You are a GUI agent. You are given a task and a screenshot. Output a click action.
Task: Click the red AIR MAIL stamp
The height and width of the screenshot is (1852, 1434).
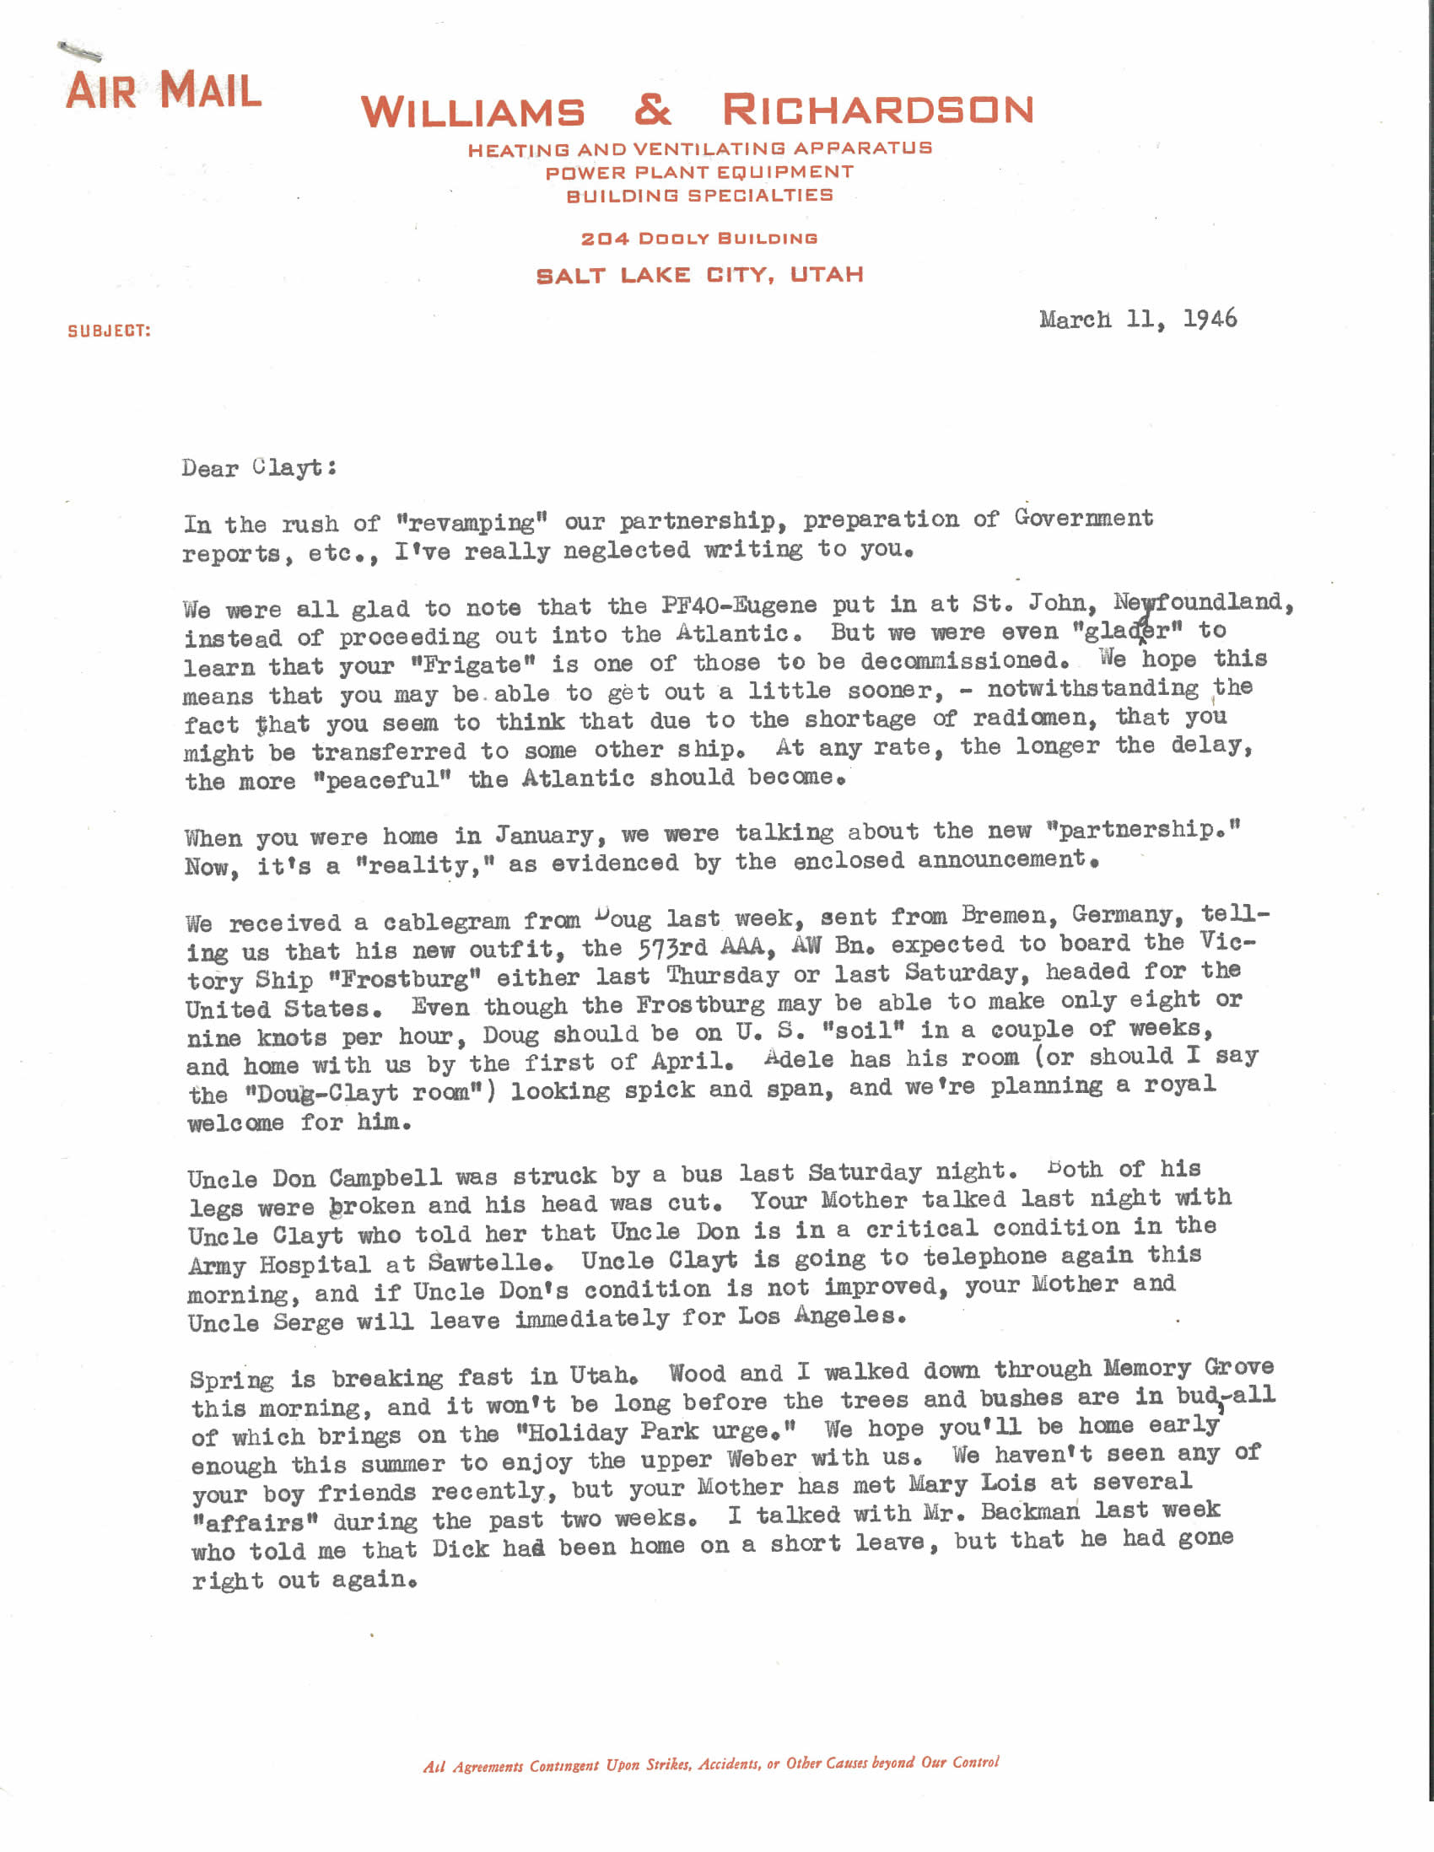pyautogui.click(x=163, y=92)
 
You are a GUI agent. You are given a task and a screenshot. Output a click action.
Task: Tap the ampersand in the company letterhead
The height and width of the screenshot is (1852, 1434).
pyautogui.click(x=653, y=110)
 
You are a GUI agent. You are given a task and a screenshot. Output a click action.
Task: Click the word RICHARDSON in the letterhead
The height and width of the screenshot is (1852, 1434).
pyautogui.click(x=878, y=110)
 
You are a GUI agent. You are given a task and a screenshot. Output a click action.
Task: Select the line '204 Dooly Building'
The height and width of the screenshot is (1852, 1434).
pyautogui.click(x=698, y=239)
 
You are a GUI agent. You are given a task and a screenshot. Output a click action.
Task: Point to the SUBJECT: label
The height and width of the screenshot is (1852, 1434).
pyautogui.click(x=109, y=331)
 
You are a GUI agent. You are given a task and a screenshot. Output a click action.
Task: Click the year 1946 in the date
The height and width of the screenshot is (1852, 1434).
pyautogui.click(x=1210, y=319)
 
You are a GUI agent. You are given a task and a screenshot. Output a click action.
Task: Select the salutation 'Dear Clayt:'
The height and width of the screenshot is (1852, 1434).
pyautogui.click(x=259, y=467)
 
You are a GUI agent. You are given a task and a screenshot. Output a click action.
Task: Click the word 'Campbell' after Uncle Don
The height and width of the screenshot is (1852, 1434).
pyautogui.click(x=385, y=1178)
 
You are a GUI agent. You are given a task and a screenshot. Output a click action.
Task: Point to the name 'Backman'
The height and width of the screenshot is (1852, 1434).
pyautogui.click(x=1029, y=1512)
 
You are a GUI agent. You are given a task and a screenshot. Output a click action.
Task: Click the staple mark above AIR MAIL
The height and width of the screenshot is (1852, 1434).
pyautogui.click(x=80, y=50)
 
